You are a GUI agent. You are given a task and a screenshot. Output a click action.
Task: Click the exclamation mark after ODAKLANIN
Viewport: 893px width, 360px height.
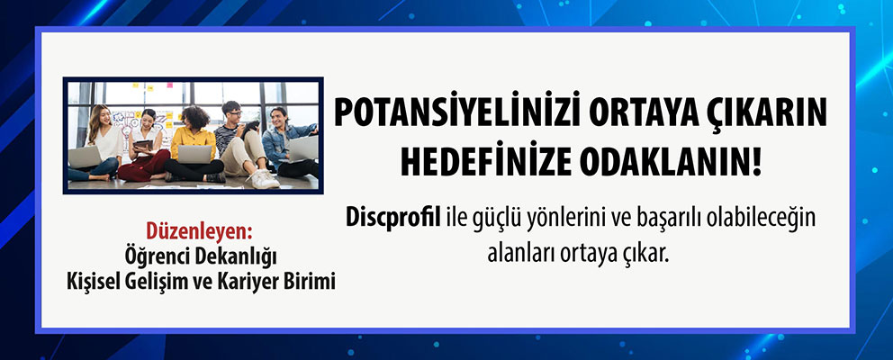[756, 161]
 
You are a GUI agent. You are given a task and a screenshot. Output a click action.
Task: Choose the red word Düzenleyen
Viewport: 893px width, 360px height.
[199, 232]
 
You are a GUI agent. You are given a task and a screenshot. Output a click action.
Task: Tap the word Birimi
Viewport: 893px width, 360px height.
[310, 281]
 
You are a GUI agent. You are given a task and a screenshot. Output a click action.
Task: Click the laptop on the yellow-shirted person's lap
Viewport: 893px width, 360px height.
[194, 154]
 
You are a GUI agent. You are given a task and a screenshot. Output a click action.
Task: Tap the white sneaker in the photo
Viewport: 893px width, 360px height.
[265, 179]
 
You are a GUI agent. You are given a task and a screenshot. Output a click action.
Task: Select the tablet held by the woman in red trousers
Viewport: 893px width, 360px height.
[144, 145]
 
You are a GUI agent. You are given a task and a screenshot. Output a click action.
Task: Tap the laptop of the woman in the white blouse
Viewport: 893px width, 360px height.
[86, 157]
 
